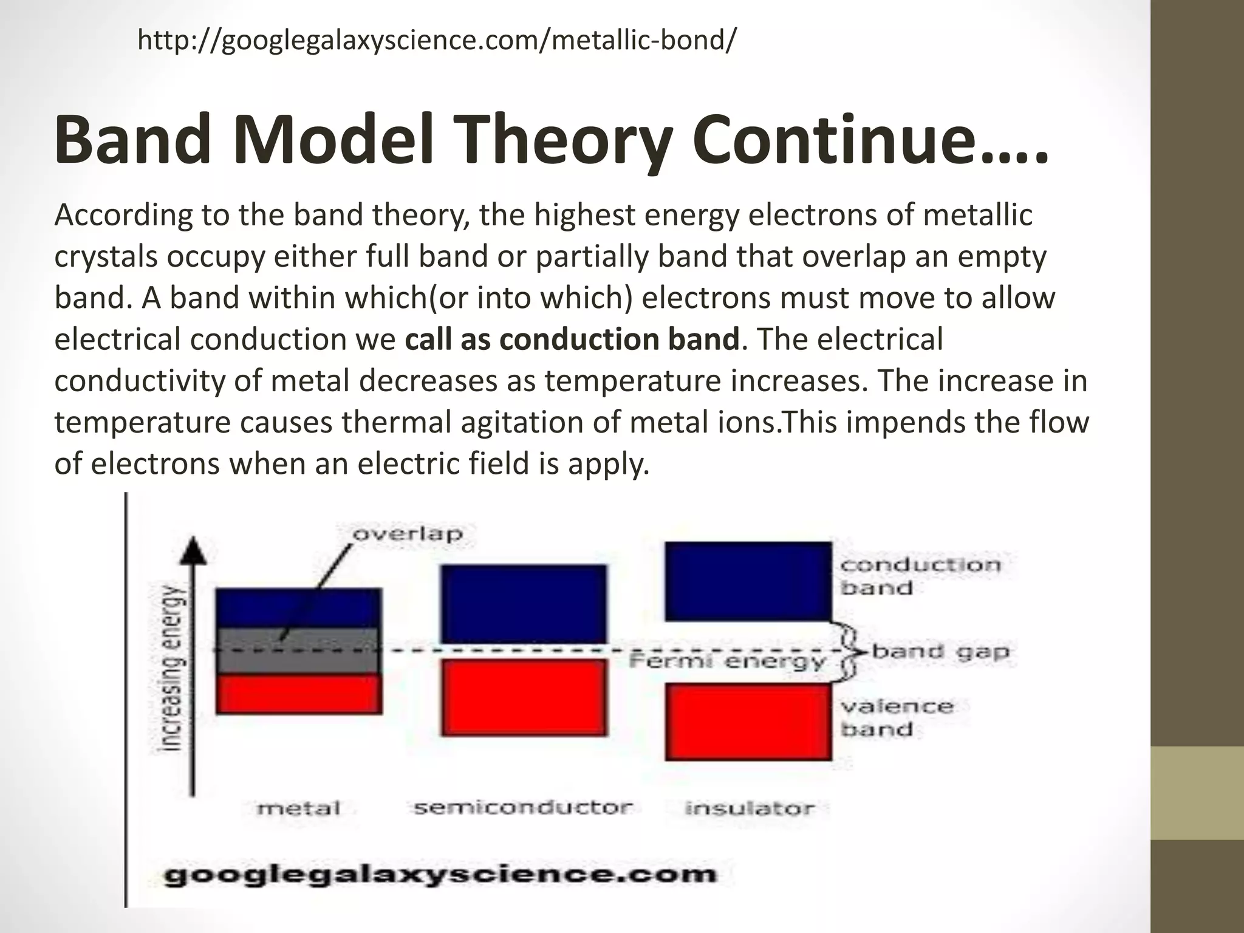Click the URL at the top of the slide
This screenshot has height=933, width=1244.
[x=437, y=41]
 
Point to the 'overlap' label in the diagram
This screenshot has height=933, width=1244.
[x=408, y=535]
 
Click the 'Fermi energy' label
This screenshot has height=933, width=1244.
[x=727, y=661]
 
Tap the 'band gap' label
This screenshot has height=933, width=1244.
[x=940, y=652]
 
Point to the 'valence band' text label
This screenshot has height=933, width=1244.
[x=897, y=717]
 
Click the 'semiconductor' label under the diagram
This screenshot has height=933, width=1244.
[x=523, y=808]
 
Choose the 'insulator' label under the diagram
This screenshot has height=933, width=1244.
[x=749, y=808]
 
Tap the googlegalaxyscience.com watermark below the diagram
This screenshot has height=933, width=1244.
[x=441, y=875]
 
